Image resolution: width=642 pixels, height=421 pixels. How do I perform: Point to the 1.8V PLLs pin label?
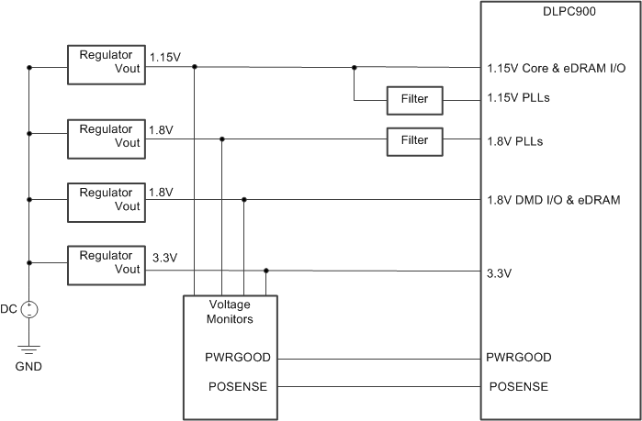click(514, 141)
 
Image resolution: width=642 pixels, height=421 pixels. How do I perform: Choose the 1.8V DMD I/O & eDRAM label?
click(553, 199)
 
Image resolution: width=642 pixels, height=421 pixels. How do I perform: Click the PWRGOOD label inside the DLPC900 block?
click(520, 358)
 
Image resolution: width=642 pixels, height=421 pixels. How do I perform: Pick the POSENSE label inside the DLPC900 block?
click(518, 386)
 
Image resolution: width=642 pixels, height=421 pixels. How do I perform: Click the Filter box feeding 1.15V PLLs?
click(414, 98)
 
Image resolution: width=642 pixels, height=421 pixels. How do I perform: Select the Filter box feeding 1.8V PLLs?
click(414, 140)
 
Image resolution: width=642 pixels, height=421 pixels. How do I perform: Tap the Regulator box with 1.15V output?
click(107, 61)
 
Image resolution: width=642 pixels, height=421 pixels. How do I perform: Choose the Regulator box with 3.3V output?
click(107, 262)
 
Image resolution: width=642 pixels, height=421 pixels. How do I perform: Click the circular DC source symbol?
click(29, 309)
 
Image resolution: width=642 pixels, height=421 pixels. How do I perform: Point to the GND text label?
click(28, 366)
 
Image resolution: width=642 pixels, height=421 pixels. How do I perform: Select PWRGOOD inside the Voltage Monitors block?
click(236, 358)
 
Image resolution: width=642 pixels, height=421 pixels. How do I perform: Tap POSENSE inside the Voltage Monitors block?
click(236, 386)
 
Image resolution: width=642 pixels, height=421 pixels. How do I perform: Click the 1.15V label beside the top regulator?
click(165, 57)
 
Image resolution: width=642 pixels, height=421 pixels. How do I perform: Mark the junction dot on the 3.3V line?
click(266, 271)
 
